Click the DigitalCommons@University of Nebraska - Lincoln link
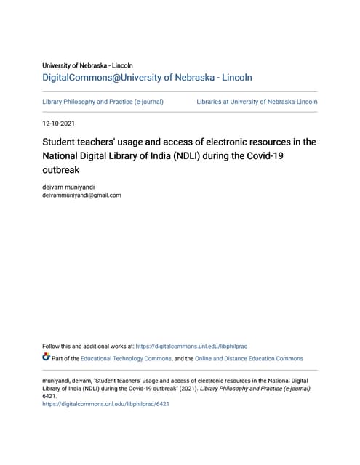147,77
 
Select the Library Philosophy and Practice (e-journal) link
103,102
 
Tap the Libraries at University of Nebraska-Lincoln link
257,102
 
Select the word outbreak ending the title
61,171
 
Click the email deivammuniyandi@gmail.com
82,195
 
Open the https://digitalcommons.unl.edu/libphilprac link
191,346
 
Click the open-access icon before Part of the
47,357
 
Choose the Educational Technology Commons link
126,358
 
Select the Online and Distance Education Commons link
249,358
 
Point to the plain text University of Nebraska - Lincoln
88,65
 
